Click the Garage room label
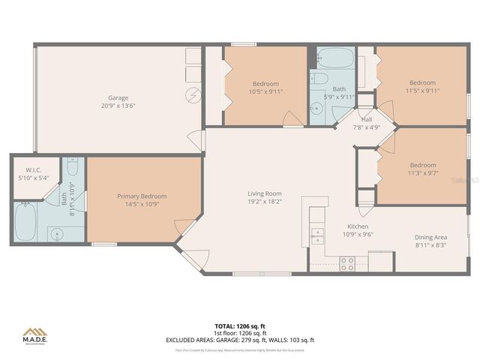click(x=118, y=97)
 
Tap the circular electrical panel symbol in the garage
click(x=193, y=95)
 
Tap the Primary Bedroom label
click(x=142, y=196)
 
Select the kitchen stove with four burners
click(x=347, y=262)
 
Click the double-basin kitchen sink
click(x=317, y=235)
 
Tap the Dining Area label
click(x=430, y=237)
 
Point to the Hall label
click(x=367, y=119)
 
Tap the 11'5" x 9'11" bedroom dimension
click(x=422, y=91)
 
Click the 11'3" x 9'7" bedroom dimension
click(x=422, y=172)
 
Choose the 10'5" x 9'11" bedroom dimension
click(x=265, y=92)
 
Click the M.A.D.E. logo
click(x=34, y=337)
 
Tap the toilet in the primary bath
click(x=72, y=166)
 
